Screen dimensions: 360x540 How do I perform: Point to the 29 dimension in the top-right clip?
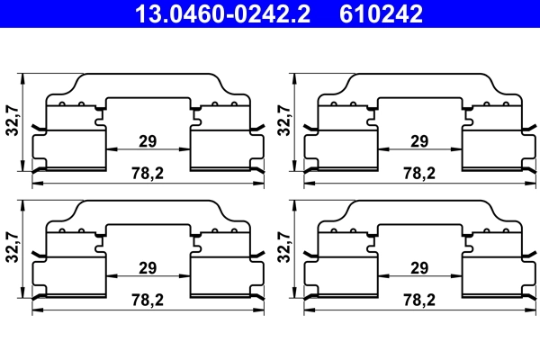click(418, 140)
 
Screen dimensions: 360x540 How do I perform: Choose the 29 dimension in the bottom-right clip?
click(418, 268)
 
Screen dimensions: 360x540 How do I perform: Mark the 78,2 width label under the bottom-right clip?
click(419, 300)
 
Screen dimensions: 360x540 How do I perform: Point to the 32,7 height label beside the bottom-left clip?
click(11, 246)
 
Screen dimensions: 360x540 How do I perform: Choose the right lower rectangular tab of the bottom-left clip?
click(220, 275)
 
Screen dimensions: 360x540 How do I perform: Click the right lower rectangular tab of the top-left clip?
click(220, 148)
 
